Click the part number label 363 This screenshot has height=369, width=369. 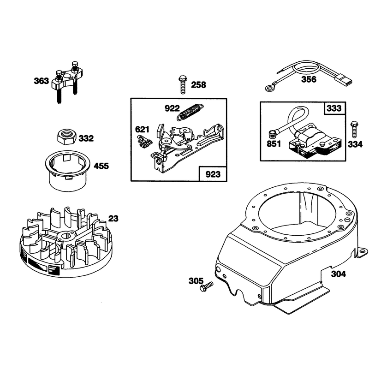click(42, 81)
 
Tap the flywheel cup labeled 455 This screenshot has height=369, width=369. click(67, 170)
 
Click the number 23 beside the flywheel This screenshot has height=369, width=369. click(113, 218)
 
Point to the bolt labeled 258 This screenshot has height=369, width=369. click(183, 84)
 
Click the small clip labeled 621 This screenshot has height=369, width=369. click(144, 142)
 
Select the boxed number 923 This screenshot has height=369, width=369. click(213, 174)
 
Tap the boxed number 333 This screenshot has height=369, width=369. click(334, 108)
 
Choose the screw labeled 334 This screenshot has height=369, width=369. click(354, 130)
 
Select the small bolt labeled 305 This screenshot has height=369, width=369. click(206, 286)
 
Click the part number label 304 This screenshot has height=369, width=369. click(339, 274)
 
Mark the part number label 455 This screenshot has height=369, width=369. click(101, 166)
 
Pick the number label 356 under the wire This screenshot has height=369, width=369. click(309, 79)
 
